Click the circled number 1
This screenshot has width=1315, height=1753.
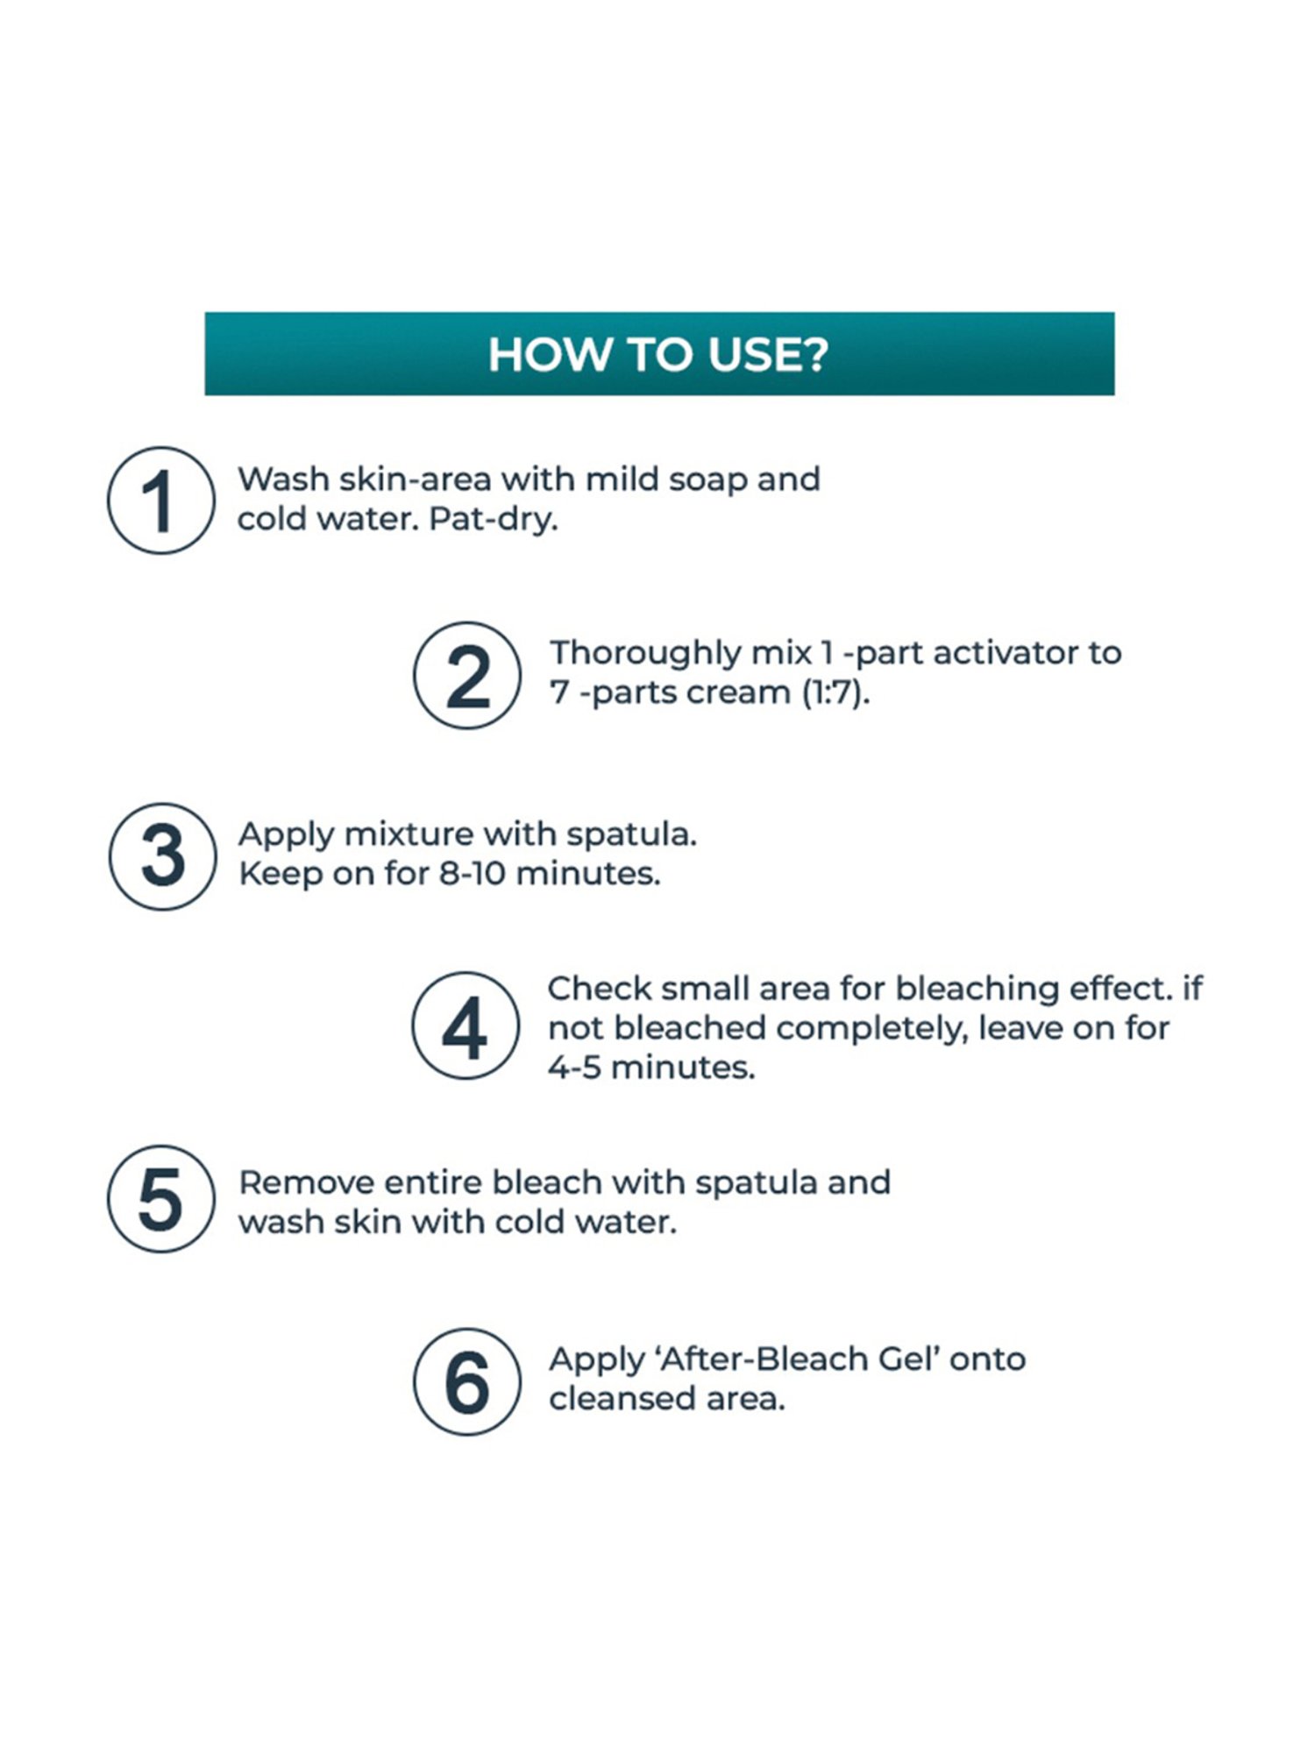click(160, 500)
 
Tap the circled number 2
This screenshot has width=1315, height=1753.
click(467, 675)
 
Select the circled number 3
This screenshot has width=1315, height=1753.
click(162, 855)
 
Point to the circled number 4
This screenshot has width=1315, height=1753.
click(466, 1025)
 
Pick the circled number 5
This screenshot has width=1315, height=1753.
click(160, 1198)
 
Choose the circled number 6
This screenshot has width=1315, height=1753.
click(467, 1381)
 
